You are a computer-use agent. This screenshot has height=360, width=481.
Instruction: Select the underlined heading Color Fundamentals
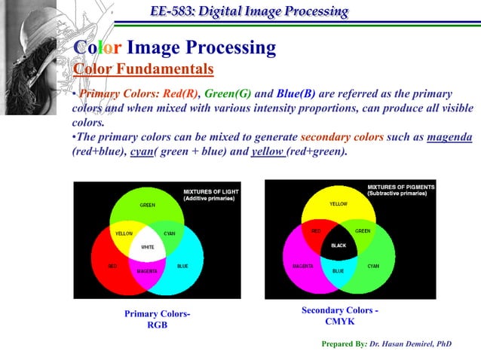point(142,70)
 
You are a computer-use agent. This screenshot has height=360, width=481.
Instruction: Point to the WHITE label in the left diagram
point(148,247)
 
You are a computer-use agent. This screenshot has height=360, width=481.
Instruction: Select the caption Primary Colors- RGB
point(157,319)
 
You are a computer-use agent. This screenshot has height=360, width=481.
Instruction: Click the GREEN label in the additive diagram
point(148,205)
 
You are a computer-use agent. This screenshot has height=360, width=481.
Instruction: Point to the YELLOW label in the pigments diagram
point(339,204)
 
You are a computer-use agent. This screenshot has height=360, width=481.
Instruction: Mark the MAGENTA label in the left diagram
point(148,270)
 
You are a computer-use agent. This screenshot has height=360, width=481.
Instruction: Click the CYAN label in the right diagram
point(373,266)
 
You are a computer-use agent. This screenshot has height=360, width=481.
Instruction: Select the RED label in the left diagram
point(112,266)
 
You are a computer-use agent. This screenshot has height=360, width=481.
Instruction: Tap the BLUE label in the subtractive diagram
point(338,270)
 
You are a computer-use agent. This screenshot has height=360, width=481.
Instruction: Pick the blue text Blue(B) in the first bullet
point(296,94)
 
